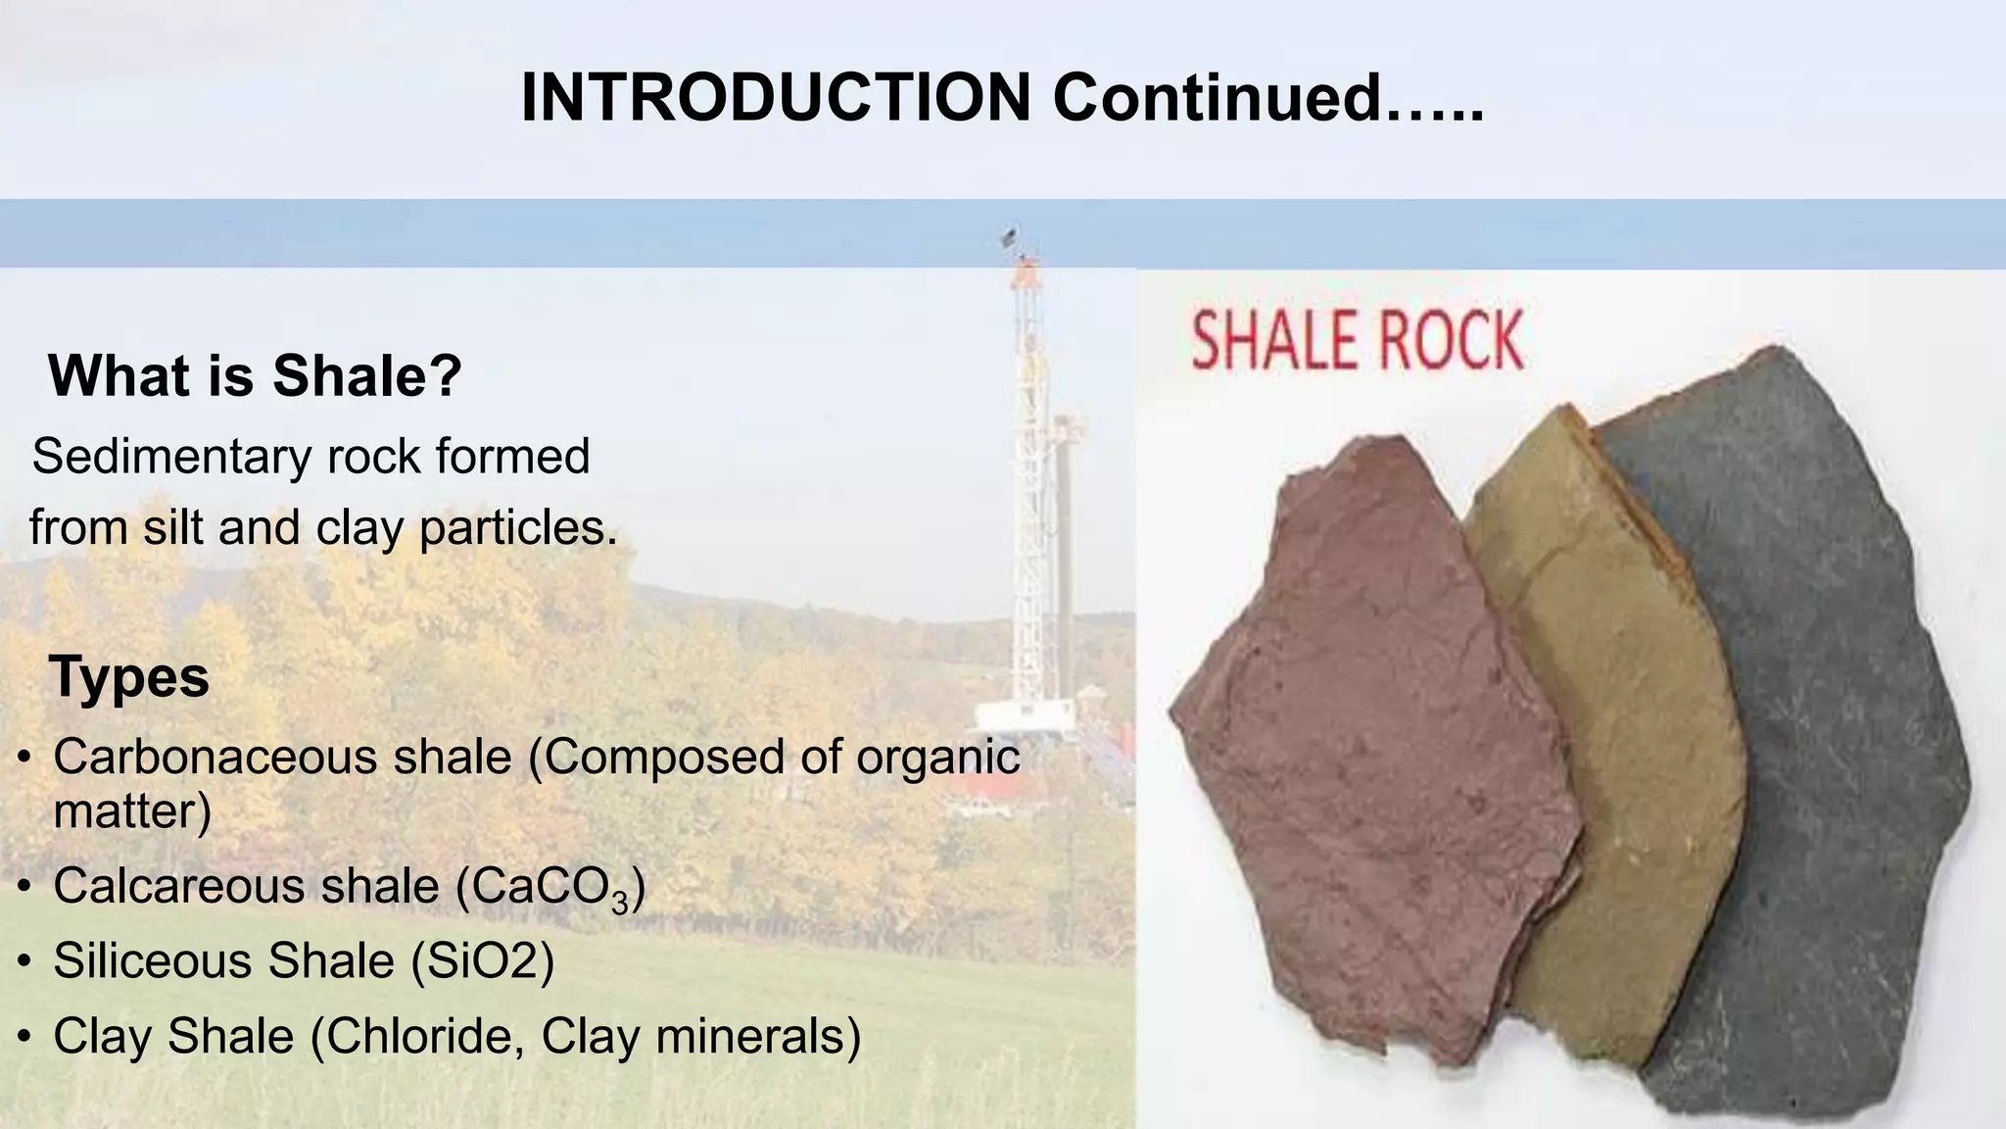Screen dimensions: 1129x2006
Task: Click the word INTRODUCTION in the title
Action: pyautogui.click(x=775, y=98)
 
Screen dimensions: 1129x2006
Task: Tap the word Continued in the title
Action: pyautogui.click(x=1215, y=98)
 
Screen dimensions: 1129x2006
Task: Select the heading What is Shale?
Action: pyautogui.click(x=255, y=375)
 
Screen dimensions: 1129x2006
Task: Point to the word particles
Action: pyautogui.click(x=518, y=528)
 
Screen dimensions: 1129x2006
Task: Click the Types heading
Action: pyautogui.click(x=128, y=676)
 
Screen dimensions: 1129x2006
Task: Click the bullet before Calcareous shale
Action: pyautogui.click(x=25, y=887)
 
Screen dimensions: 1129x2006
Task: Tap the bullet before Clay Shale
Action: pyautogui.click(x=25, y=1037)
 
